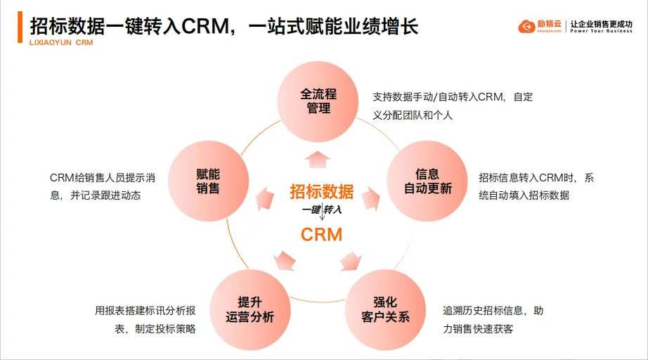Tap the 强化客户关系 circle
[385, 309]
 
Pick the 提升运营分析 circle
[250, 309]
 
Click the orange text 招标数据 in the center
[321, 191]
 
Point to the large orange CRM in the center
[321, 234]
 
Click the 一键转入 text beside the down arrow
[321, 210]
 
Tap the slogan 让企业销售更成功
[601, 23]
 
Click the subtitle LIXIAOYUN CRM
[61, 42]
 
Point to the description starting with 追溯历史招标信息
[493, 319]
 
